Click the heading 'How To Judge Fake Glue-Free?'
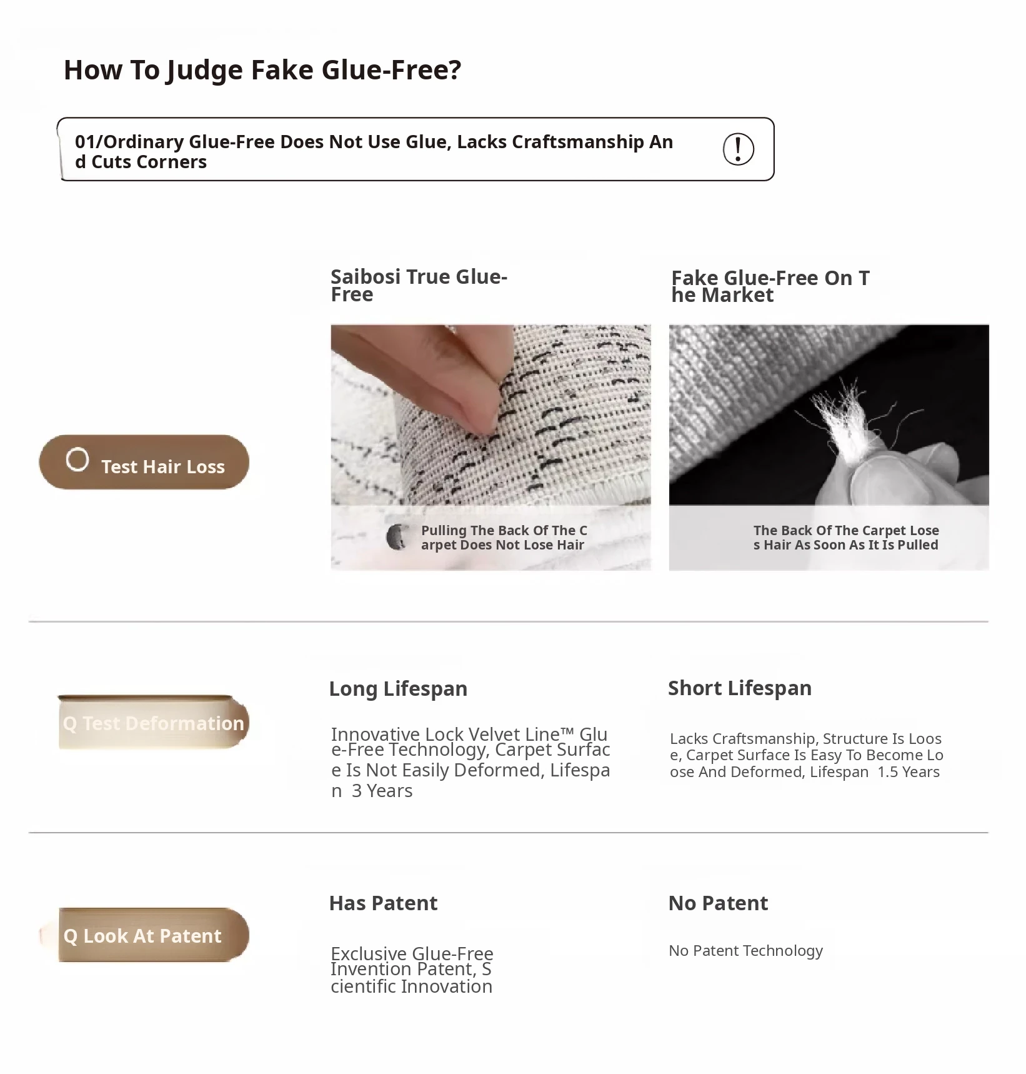point(262,70)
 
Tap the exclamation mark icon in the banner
point(738,149)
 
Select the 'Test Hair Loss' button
point(144,462)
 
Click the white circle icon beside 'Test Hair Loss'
point(77,459)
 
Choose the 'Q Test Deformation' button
point(153,722)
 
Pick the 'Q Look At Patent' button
point(153,935)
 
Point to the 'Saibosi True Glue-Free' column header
point(419,285)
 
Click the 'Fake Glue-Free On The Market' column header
point(770,286)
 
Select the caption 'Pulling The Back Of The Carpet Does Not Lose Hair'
point(504,538)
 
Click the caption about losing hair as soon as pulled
point(846,538)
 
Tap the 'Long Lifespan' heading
point(398,689)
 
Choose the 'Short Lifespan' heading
point(740,688)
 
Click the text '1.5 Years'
point(909,772)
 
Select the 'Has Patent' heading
point(383,903)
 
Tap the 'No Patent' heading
point(718,903)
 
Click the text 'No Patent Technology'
point(745,951)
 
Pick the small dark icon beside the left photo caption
point(396,537)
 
